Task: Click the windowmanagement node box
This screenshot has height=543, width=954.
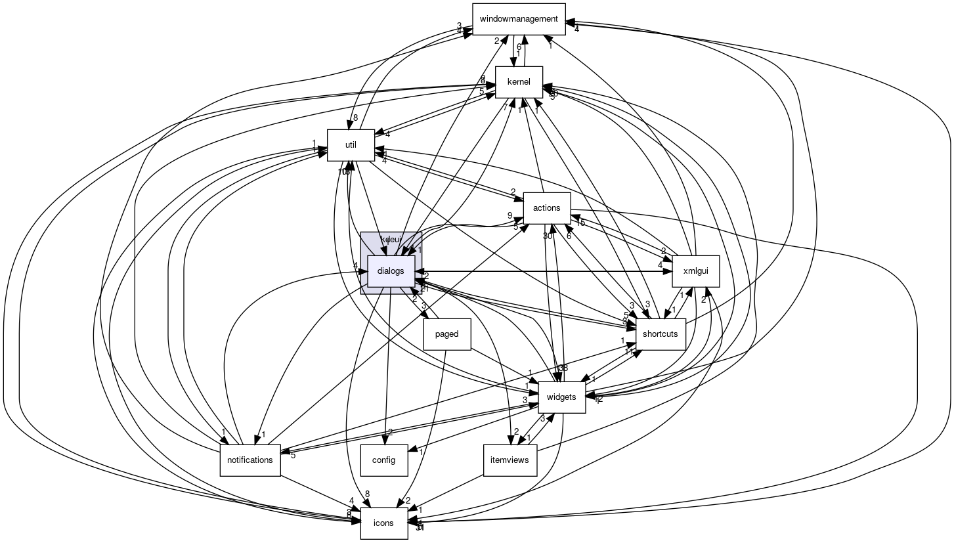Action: (519, 19)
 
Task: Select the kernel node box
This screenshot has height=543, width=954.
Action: (519, 82)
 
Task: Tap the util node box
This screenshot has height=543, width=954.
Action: (351, 144)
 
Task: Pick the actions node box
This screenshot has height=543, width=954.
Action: (546, 208)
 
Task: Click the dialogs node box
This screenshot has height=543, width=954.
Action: (391, 271)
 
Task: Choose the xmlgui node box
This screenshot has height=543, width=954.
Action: (696, 271)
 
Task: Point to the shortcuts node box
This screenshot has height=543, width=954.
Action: (660, 334)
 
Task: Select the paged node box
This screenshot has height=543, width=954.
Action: (446, 334)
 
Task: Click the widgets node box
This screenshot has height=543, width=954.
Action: (561, 397)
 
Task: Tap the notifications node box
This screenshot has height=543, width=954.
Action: (249, 460)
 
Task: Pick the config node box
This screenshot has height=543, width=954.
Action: (383, 460)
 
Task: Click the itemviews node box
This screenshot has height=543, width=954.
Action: (510, 460)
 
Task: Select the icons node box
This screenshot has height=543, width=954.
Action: (383, 523)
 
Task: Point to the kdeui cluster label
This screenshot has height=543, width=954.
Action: (391, 239)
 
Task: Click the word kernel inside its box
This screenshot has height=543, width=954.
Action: (519, 82)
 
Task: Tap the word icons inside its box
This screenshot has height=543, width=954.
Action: (383, 523)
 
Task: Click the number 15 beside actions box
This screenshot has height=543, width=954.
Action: (580, 223)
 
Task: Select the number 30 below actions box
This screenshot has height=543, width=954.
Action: (547, 236)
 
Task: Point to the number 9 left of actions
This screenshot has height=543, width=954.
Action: (509, 215)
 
